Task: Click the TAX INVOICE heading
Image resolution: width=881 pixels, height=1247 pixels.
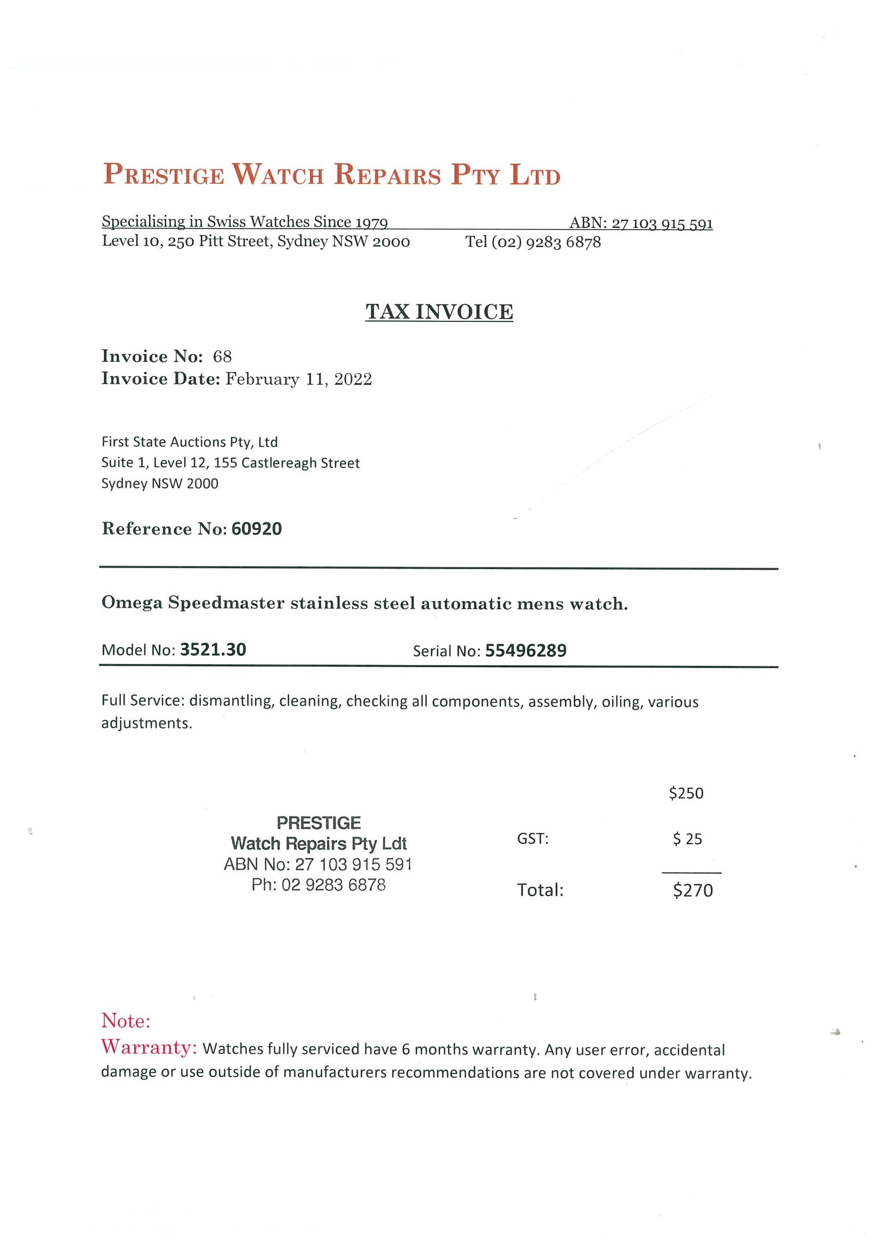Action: (438, 312)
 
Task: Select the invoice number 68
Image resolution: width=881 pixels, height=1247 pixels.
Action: (222, 357)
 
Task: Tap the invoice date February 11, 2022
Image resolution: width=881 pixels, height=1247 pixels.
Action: (299, 379)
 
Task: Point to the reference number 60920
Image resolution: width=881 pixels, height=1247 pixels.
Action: (256, 529)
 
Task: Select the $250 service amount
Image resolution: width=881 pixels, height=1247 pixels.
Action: (686, 793)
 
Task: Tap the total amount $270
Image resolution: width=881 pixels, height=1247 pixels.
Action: (692, 890)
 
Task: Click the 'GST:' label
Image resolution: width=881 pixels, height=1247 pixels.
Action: (533, 839)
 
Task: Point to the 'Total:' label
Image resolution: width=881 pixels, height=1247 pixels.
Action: (540, 890)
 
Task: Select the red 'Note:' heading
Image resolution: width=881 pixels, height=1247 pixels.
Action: (125, 1021)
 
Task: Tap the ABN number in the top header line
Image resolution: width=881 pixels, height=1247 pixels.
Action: (662, 223)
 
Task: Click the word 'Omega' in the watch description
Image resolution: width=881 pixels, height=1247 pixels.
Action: (132, 603)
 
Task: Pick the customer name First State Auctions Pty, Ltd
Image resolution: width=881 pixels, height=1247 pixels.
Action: (190, 442)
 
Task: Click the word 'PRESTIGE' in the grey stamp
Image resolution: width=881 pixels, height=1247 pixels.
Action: (318, 823)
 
